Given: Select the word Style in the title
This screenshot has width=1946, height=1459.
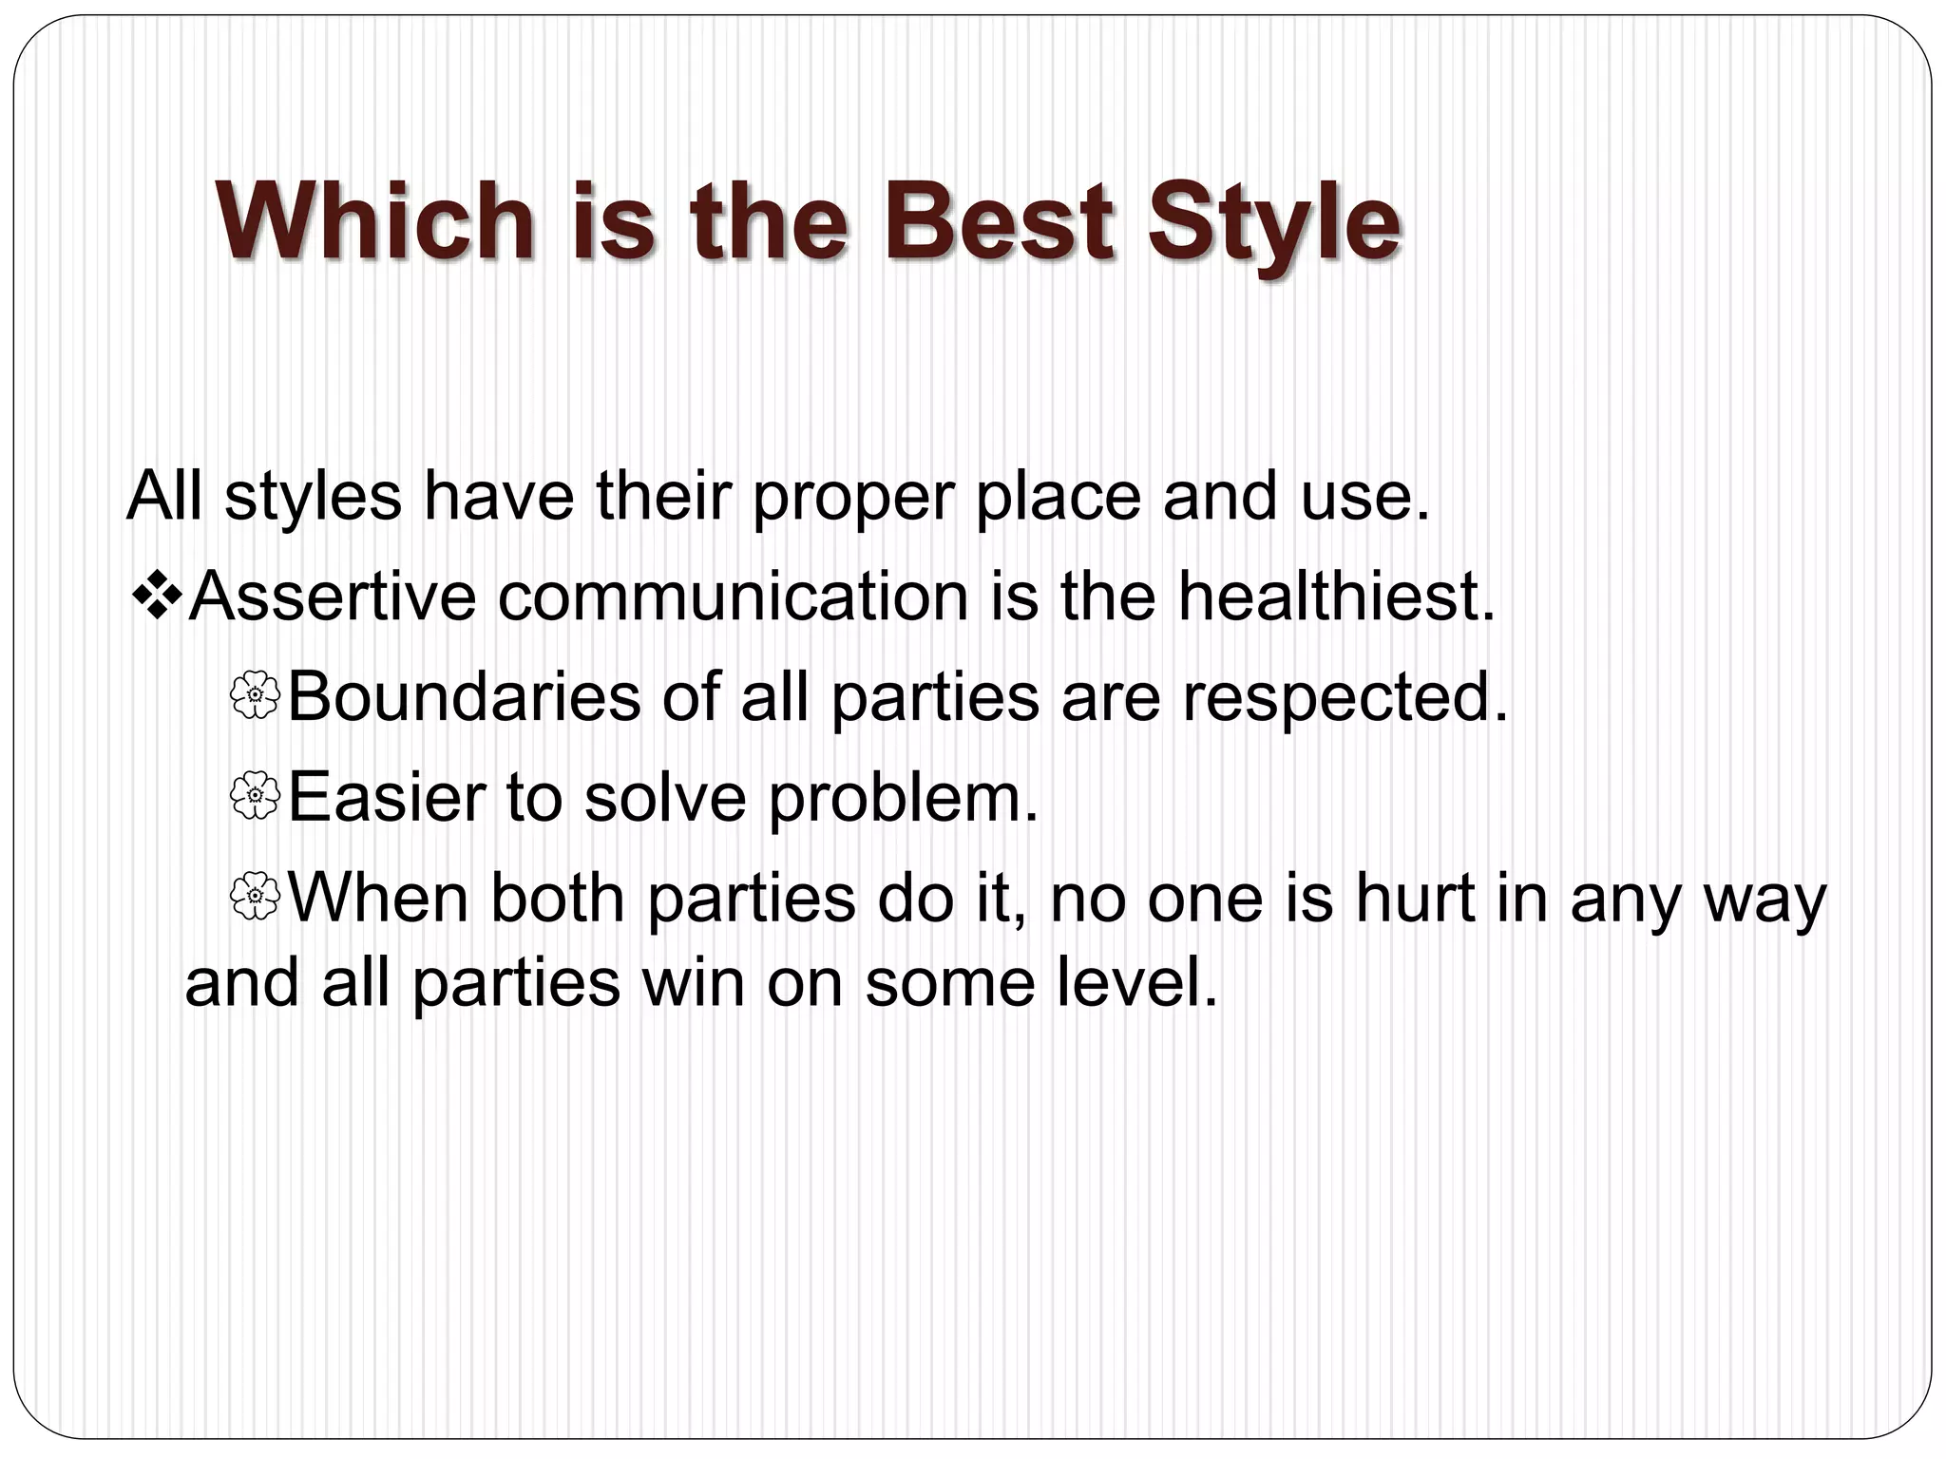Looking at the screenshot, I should (x=1273, y=224).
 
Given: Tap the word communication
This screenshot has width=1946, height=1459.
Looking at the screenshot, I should (x=734, y=597).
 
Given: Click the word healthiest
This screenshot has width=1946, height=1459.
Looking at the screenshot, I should (x=1337, y=597).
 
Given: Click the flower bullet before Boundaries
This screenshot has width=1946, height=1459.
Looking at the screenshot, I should (x=255, y=695).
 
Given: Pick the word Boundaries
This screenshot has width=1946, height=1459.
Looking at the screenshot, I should (x=464, y=697).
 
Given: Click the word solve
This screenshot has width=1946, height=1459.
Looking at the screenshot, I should (x=665, y=798).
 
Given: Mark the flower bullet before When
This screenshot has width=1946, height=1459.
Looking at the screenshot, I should (x=255, y=897).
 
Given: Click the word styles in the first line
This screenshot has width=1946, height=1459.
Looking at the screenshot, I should (x=313, y=497).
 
